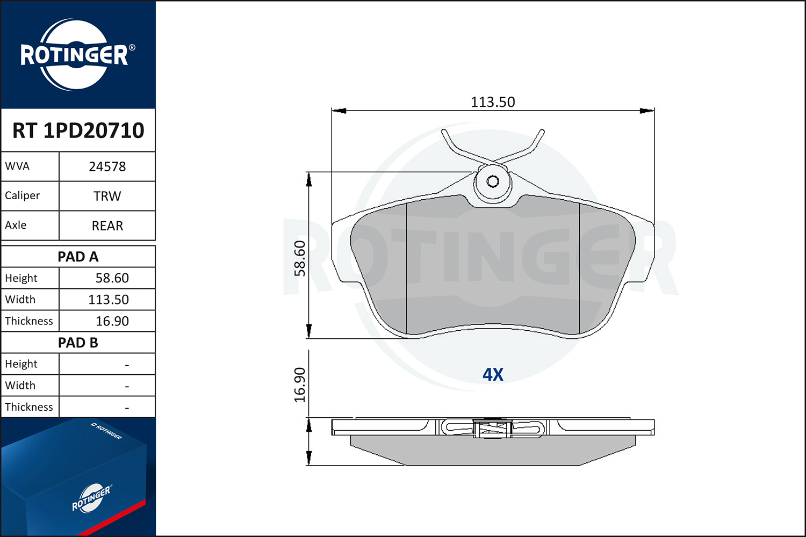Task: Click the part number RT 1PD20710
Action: point(78,130)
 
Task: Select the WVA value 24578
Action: point(107,166)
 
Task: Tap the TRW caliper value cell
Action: point(107,196)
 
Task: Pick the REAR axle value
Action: point(107,226)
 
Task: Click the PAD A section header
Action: point(78,257)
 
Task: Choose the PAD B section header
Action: point(78,343)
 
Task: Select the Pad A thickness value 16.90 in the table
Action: point(112,321)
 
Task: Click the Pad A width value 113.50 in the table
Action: point(109,299)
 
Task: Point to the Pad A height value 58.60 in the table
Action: point(112,278)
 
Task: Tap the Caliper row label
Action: point(23,195)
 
